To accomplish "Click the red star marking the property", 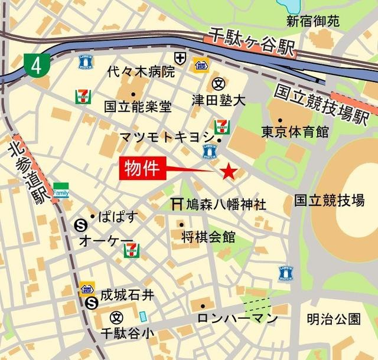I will coord(229,172).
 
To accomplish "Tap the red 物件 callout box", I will coord(143,169).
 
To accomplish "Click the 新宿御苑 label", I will coord(313,22).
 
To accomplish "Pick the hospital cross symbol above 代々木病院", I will coord(180,58).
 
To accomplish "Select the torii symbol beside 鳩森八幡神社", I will coord(176,204).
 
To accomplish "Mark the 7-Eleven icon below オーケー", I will coord(131,250).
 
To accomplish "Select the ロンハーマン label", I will coord(237,319).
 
